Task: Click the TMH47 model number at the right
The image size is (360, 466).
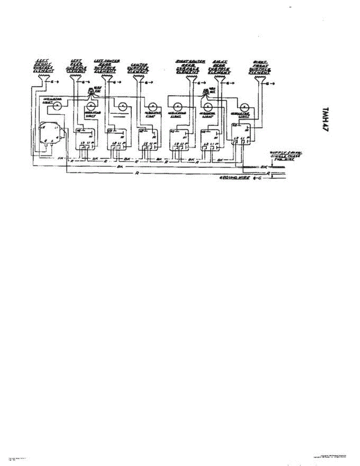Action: point(326,121)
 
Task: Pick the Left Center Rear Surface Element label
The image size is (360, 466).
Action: point(107,66)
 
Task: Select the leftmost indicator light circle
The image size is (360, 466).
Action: point(57,105)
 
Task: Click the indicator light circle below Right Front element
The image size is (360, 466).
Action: point(244,108)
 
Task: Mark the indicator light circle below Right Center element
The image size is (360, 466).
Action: point(177,106)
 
